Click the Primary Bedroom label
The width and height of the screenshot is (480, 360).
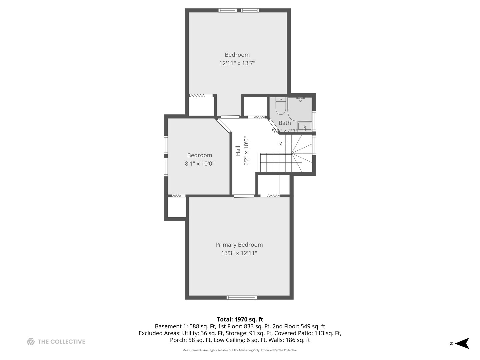[x=239, y=245]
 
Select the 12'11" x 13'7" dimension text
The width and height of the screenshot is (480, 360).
[x=237, y=63]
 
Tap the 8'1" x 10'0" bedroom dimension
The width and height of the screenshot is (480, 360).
[x=199, y=163]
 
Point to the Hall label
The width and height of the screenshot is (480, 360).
[x=238, y=151]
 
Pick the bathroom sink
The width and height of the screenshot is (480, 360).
[x=304, y=127]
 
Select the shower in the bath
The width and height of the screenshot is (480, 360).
[x=300, y=108]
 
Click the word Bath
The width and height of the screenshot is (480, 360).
[x=284, y=123]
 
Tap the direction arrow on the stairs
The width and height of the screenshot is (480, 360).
[x=281, y=144]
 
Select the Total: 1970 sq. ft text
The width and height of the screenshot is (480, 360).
[x=240, y=319]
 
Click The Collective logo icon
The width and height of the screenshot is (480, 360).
[x=31, y=341]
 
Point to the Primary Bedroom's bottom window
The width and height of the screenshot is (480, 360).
[x=242, y=297]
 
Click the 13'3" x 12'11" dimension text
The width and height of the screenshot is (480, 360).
[x=239, y=253]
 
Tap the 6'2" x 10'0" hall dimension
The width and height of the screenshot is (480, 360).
[x=246, y=151]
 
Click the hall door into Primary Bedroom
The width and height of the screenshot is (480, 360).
[x=244, y=196]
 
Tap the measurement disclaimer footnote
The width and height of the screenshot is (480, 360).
[x=240, y=350]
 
